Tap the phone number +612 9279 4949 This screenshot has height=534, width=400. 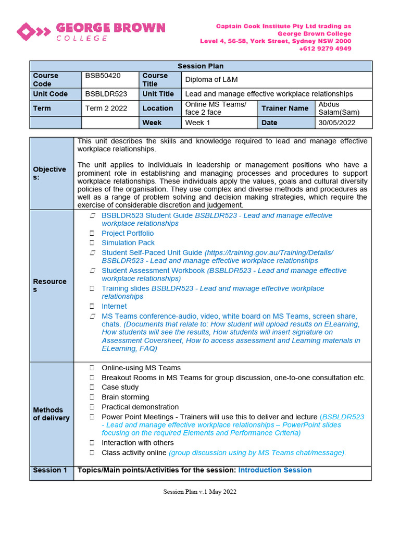[x=325, y=48]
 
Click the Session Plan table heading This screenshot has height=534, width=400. [x=201, y=66]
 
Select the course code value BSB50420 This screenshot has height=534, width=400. [x=103, y=76]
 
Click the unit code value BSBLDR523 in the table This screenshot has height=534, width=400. [x=106, y=94]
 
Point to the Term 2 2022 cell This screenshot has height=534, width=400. [x=105, y=108]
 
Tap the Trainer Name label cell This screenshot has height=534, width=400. [x=285, y=108]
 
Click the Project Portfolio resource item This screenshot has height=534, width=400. [x=128, y=233]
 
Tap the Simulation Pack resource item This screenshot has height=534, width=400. [x=128, y=242]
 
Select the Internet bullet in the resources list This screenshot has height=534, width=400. [x=114, y=306]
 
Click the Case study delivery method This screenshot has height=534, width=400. [x=120, y=387]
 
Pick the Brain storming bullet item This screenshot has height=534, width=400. [x=125, y=397]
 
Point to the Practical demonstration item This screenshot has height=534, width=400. [x=140, y=407]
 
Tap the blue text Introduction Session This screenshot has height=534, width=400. [x=275, y=470]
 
